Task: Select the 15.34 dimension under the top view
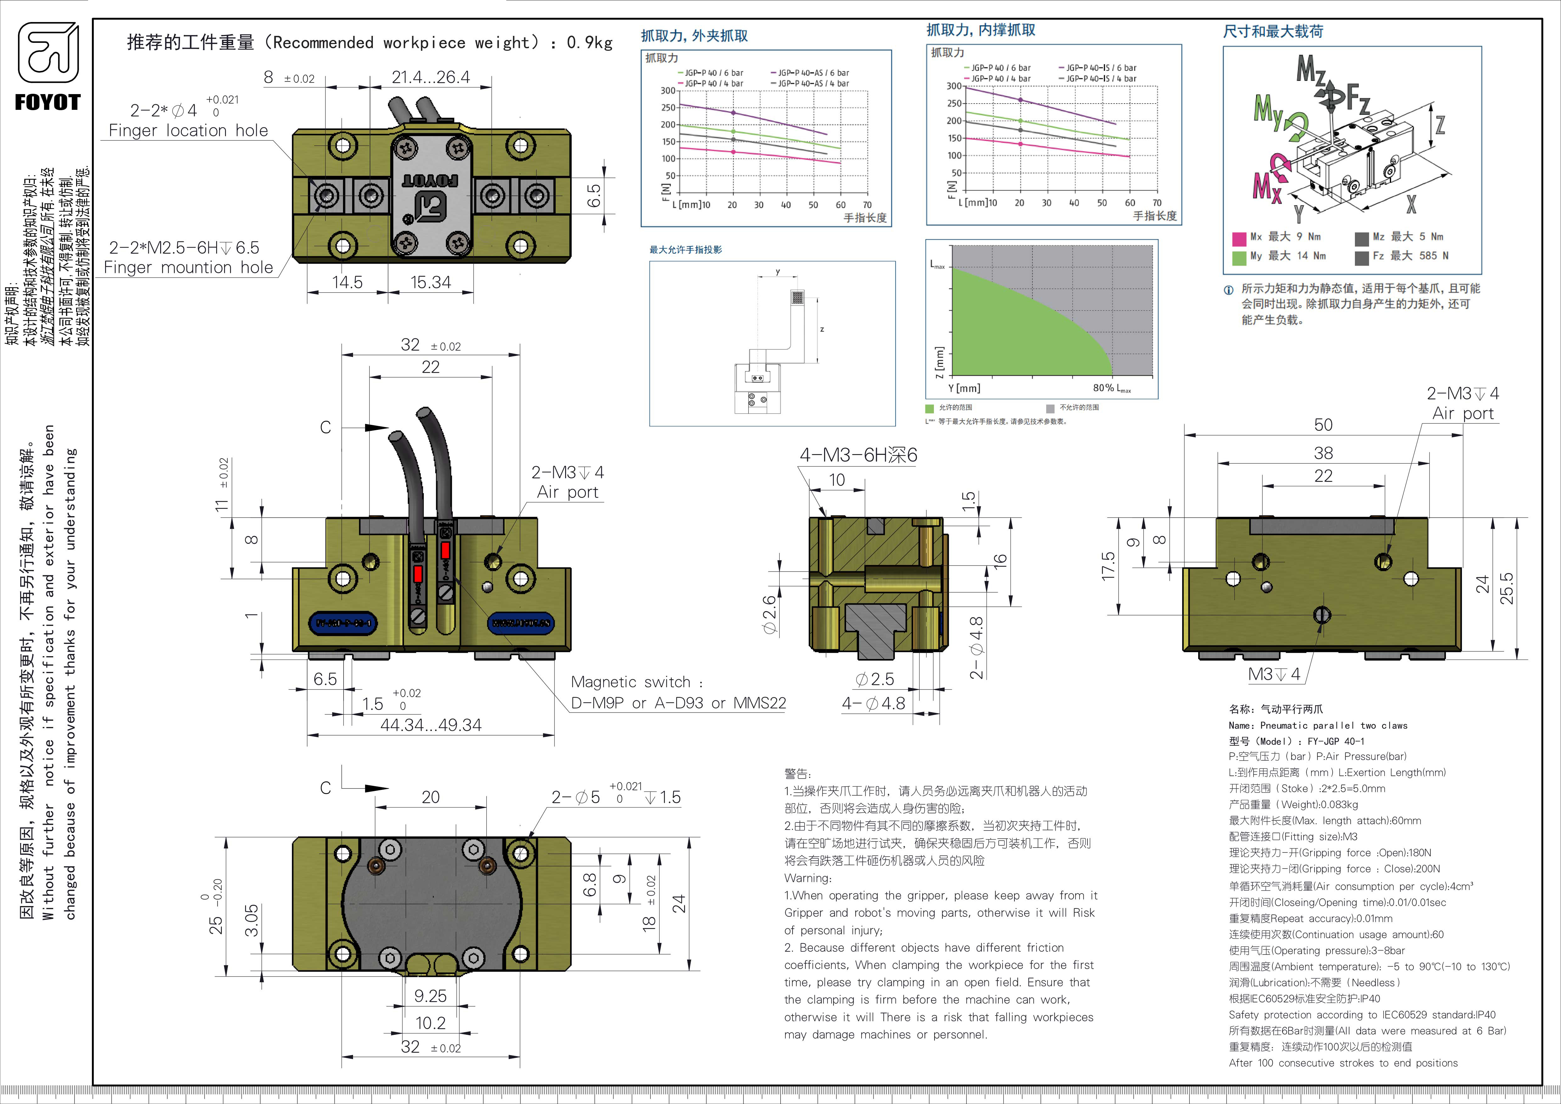(x=430, y=282)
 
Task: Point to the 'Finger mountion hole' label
(x=188, y=268)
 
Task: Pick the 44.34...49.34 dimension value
(x=430, y=725)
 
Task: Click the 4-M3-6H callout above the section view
(x=858, y=455)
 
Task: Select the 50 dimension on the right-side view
(x=1323, y=425)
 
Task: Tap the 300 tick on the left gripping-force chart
(x=668, y=90)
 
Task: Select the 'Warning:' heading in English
(x=807, y=878)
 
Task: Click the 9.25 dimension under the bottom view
(x=430, y=996)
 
